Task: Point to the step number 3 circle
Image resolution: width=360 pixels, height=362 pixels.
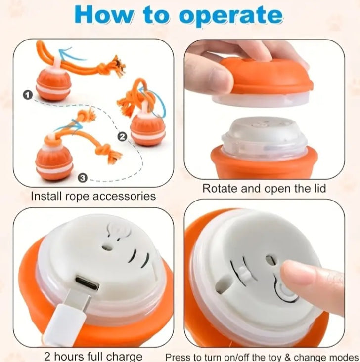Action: pos(83,176)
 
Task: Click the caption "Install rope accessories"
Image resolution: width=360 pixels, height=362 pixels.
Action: pos(93,196)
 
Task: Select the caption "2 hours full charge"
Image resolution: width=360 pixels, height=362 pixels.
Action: pos(93,356)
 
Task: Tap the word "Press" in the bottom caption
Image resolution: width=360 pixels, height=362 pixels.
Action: pos(179,356)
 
